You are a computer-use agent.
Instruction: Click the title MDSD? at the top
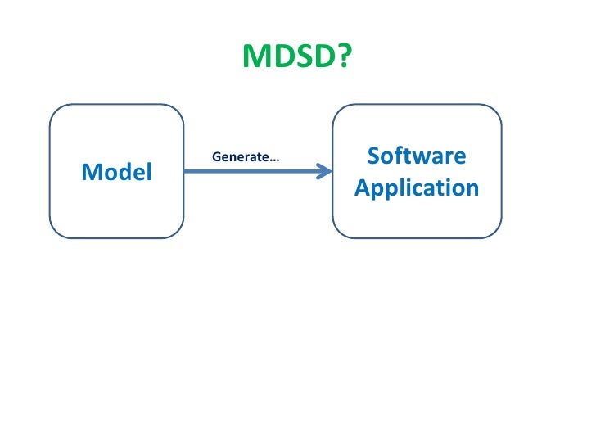[297, 56]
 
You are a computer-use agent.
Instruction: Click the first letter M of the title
[255, 56]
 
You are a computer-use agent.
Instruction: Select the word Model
[116, 172]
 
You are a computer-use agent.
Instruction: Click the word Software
[417, 156]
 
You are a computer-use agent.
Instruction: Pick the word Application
[417, 188]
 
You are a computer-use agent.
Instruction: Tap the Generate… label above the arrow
[246, 156]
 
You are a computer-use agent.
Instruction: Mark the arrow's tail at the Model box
[187, 171]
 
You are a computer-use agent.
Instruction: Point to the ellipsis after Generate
[274, 159]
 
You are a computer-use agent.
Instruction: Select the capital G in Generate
[216, 156]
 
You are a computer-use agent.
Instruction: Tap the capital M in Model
[89, 172]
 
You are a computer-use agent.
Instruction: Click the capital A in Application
[362, 187]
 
